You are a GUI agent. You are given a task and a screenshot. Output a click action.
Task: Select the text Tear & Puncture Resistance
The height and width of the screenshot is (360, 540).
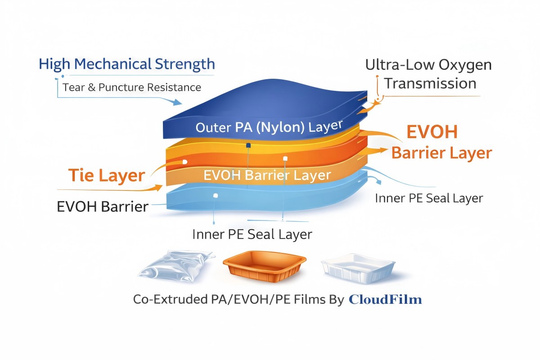click(132, 87)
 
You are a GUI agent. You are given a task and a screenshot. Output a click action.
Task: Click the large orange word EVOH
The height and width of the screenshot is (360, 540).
click(432, 132)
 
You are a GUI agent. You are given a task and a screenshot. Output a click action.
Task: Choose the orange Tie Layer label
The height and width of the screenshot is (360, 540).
click(107, 175)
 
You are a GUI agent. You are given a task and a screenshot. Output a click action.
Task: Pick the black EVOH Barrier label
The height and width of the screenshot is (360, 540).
click(103, 207)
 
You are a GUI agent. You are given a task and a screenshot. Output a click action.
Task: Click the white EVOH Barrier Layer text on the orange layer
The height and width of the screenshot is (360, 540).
click(267, 175)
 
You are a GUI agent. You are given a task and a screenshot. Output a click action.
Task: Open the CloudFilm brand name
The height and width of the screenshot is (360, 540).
click(386, 299)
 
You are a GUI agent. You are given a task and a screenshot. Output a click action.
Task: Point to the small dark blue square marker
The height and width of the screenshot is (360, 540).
click(247, 145)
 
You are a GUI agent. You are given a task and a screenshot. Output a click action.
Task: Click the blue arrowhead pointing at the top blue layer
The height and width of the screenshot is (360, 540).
click(183, 103)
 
